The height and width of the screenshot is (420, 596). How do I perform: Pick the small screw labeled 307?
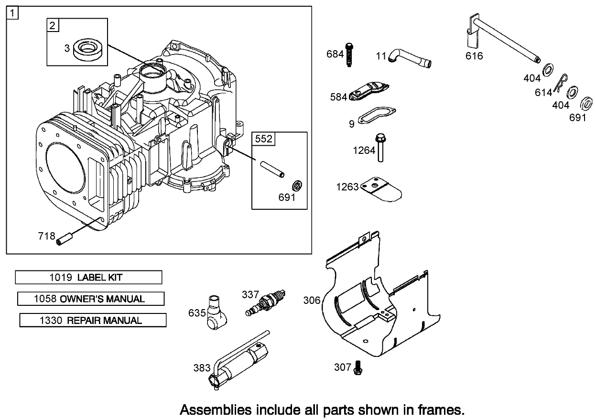pos(358,368)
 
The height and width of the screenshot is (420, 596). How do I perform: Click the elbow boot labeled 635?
pos(217,311)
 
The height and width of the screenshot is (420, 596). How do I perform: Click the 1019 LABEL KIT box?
pos(88,277)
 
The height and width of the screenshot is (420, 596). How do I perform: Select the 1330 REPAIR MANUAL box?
pos(93,320)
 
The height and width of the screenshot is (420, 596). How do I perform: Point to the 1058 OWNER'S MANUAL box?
pos(91,299)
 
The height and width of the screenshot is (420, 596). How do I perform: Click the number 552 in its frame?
pos(263,139)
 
